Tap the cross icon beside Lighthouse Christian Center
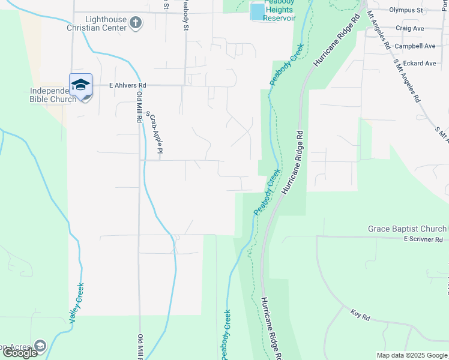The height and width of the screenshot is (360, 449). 136,23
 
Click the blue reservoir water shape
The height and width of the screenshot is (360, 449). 257,11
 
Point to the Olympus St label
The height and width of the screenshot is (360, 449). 406,10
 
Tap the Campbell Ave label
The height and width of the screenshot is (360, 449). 415,46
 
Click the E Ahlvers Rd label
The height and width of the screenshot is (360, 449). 124,86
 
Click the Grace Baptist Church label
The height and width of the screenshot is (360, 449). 407,229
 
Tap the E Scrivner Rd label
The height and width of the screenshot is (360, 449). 426,239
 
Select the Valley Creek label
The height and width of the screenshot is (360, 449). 76,303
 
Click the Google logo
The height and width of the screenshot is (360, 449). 20,353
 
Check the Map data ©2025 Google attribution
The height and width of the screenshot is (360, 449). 411,355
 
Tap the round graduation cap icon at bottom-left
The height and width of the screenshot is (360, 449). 40,346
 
